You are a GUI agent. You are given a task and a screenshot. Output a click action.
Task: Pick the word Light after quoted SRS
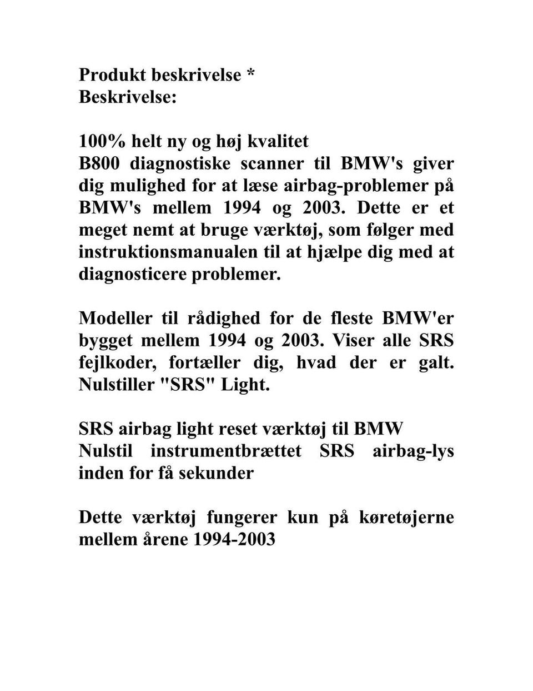[245, 385]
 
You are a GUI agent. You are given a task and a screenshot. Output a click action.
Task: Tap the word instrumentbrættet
[226, 451]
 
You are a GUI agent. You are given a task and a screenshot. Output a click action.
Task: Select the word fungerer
[242, 517]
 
